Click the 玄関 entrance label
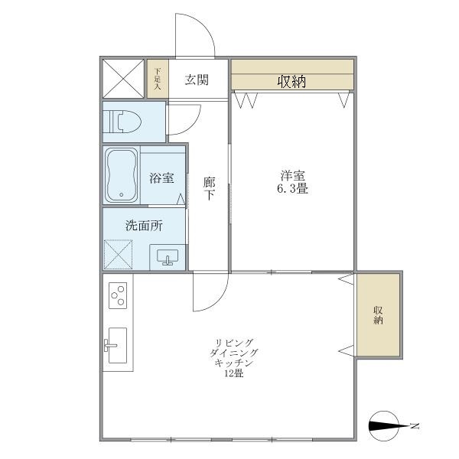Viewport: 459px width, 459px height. [x=197, y=80]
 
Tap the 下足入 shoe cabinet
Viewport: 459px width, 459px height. [x=158, y=79]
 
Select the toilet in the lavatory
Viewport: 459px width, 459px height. [x=125, y=121]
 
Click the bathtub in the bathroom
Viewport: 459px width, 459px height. [x=122, y=174]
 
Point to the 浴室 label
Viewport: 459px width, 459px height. [x=161, y=178]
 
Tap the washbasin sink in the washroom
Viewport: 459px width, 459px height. [x=167, y=256]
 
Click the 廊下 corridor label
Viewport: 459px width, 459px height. [x=208, y=188]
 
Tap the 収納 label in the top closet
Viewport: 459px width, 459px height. [x=291, y=81]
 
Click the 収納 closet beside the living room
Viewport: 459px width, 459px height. [x=378, y=314]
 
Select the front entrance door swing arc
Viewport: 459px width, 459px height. [x=193, y=34]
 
